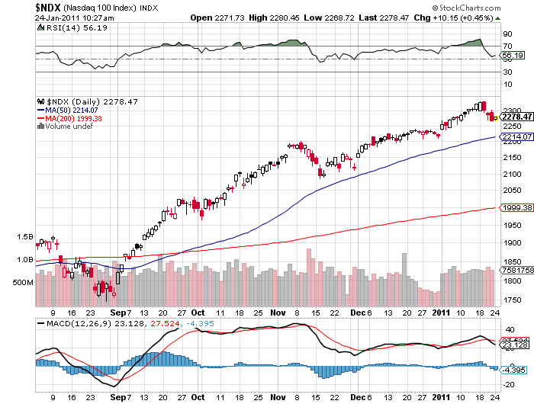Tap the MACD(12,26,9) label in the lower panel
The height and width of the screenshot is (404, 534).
point(74,323)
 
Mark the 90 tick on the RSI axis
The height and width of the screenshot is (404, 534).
point(506,34)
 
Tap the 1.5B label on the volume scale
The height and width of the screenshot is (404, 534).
point(24,237)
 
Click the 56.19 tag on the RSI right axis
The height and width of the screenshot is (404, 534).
point(512,56)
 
